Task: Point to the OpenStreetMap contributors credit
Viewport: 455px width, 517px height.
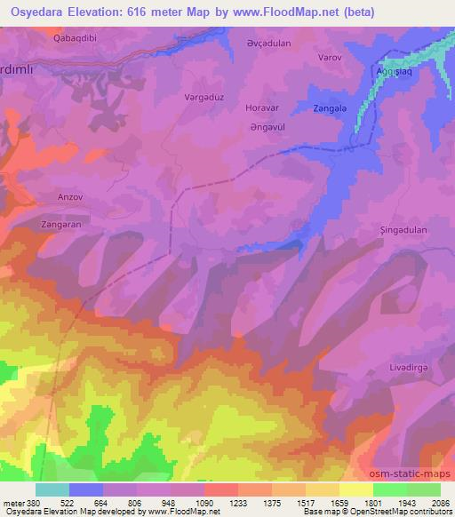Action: (x=395, y=512)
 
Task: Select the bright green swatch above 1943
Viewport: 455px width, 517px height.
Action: (x=389, y=489)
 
